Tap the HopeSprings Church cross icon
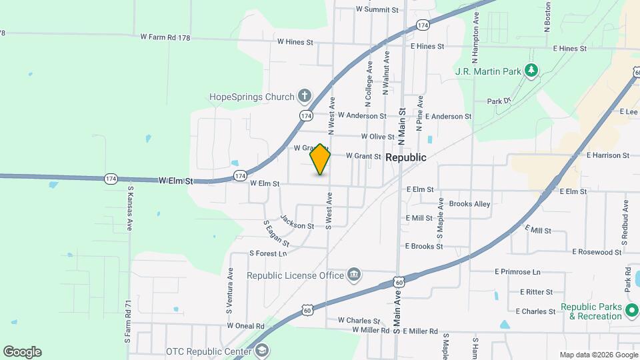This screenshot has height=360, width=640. [x=305, y=96]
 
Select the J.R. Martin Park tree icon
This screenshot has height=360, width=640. [x=531, y=70]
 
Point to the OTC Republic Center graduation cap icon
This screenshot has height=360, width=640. [x=262, y=351]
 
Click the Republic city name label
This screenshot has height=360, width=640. [x=406, y=157]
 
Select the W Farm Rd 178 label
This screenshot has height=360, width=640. [x=165, y=38]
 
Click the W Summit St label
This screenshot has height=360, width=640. [x=377, y=9]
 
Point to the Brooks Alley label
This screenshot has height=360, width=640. [x=469, y=204]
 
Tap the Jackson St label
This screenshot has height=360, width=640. [x=297, y=221]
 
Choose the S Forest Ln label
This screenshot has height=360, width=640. [x=268, y=253]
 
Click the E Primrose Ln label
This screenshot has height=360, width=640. [x=517, y=272]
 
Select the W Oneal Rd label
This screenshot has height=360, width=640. [x=245, y=326]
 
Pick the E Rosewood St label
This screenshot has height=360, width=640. [x=597, y=252]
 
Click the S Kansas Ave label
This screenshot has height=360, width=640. [x=129, y=209]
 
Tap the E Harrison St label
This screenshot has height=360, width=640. [x=607, y=155]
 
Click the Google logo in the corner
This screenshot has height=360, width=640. [x=22, y=352]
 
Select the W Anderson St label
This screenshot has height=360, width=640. [x=362, y=115]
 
